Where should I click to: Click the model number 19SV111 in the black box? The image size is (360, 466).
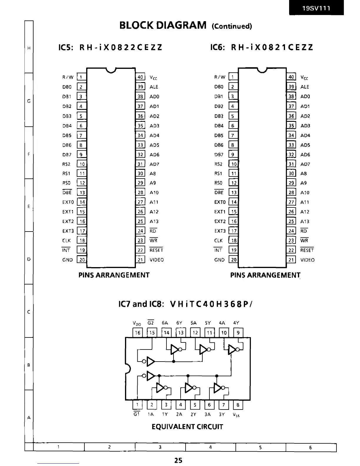316,8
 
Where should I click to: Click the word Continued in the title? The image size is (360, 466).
232,26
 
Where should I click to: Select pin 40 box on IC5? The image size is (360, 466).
140,77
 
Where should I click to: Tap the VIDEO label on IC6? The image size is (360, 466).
307,260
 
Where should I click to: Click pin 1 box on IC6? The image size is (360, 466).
233,77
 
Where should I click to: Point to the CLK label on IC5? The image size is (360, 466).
66,240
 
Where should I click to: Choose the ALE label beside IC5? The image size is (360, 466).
154,87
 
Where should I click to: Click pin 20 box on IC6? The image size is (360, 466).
233,260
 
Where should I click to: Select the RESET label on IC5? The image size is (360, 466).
156,250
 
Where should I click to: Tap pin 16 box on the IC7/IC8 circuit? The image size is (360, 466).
137,333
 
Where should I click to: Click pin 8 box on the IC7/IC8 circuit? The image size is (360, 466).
238,405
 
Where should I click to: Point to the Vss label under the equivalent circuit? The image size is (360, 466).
236,415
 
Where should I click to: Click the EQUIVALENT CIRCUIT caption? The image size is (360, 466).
187,427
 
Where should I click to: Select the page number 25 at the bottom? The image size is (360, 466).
178,460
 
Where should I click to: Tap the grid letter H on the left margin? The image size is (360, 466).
29,49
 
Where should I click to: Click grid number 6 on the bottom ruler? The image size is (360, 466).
310,447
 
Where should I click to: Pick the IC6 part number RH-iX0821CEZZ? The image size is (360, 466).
272,47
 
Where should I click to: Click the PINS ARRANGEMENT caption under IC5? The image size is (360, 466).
114,275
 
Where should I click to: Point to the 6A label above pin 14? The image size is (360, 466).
165,323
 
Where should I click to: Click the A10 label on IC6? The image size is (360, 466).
305,192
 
